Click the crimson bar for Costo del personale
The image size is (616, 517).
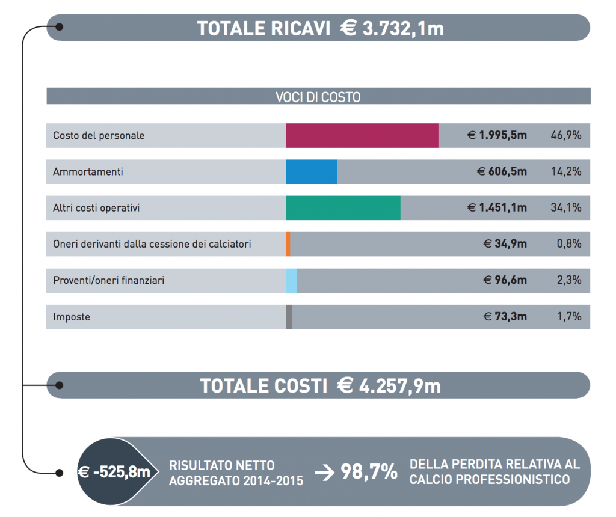coord(362,135)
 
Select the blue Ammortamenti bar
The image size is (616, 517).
coord(312,171)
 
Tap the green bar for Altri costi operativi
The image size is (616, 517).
coord(343,208)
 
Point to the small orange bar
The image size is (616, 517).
coord(288,244)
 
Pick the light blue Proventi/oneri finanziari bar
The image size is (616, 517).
coord(292,281)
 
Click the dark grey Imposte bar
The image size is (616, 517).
coord(289,317)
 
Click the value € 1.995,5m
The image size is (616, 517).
coord(497,135)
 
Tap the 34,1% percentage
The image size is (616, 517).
coord(565,208)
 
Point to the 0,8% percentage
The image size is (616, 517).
coord(568,244)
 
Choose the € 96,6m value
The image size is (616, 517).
coord(505,281)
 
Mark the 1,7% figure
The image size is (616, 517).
coord(568,317)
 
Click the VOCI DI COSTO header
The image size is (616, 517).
coord(318,97)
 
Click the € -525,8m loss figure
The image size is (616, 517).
coord(114,473)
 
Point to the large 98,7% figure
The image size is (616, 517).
coord(369,472)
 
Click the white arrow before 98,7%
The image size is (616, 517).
coord(324,473)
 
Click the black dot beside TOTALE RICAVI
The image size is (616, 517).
coord(59,26)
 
